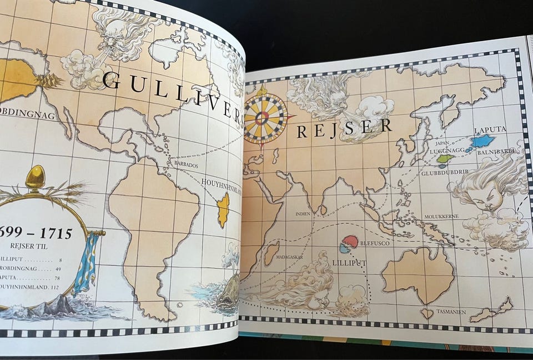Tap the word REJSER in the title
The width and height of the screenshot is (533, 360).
344,129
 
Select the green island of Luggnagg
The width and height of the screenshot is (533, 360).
445,158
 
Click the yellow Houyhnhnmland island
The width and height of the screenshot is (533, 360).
223,209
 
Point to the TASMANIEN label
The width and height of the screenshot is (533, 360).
450,312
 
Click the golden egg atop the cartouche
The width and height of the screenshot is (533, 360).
35,177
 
